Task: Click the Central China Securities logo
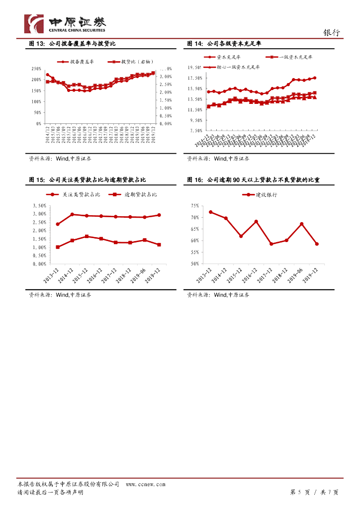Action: [65, 24]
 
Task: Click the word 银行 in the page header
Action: [332, 33]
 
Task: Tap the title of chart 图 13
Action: [72, 44]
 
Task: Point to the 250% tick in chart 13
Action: [36, 69]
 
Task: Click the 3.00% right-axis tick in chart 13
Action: [165, 77]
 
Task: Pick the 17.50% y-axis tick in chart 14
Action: [195, 78]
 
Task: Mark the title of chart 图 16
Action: [253, 179]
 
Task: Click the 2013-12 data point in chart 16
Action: [210, 212]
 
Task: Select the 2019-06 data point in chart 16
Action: [301, 224]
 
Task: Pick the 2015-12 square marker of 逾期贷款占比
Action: [87, 236]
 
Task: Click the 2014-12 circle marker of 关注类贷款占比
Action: [72, 214]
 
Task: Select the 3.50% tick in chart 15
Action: [39, 206]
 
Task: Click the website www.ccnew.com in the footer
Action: [145, 484]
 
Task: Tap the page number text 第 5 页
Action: [300, 492]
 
